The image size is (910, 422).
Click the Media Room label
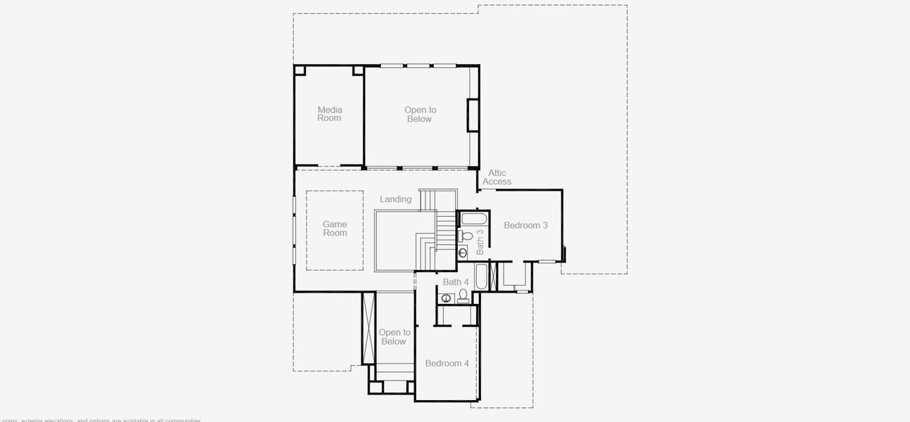[329, 114]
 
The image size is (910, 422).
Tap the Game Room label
[335, 229]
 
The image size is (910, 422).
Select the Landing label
[396, 199]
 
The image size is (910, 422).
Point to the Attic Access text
[497, 177]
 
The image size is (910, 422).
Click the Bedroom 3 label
[525, 226]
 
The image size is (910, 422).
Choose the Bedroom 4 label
[447, 364]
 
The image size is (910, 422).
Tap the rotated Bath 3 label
[480, 241]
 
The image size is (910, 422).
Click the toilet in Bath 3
[467, 236]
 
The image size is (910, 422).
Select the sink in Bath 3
[463, 252]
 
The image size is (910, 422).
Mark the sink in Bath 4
[446, 298]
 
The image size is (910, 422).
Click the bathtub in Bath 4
[482, 276]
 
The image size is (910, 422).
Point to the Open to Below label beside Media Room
[420, 115]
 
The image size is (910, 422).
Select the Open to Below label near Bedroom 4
[394, 337]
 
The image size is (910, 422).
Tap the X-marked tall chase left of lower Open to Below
[369, 328]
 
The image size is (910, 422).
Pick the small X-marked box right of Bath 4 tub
[493, 276]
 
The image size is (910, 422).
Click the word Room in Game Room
[335, 234]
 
